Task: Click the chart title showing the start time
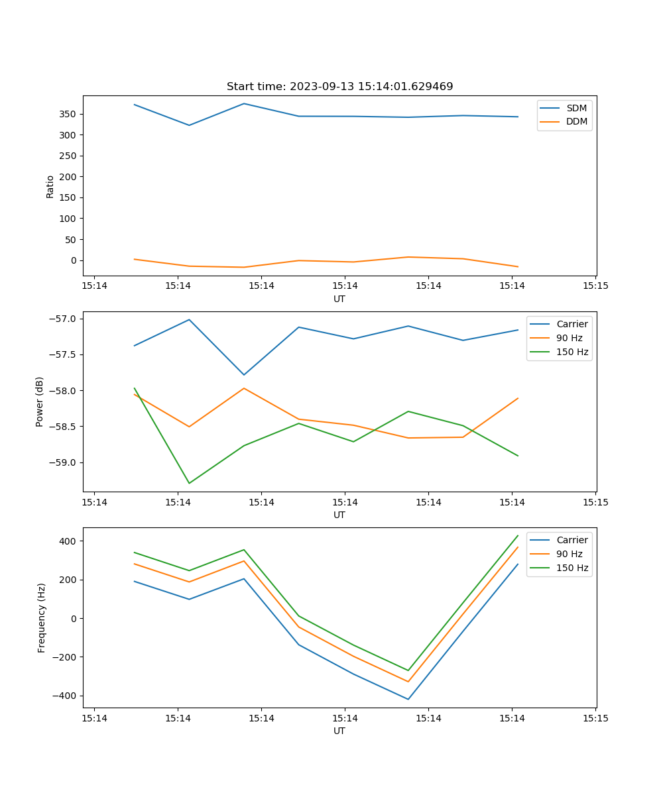coord(339,87)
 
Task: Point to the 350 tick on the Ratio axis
coord(70,114)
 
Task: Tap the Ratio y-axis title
coord(50,186)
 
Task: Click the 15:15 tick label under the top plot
coord(595,286)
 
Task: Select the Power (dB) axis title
coord(40,401)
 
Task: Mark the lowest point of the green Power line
coord(189,483)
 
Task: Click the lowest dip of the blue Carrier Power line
coord(244,375)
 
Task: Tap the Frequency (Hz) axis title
coord(41,617)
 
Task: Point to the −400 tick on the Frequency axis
coord(65,696)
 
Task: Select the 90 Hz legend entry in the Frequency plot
coord(569,554)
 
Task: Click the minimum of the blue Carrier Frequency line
coord(408,699)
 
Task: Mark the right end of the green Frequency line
coord(518,535)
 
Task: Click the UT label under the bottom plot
coord(339,731)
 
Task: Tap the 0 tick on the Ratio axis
coord(74,260)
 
